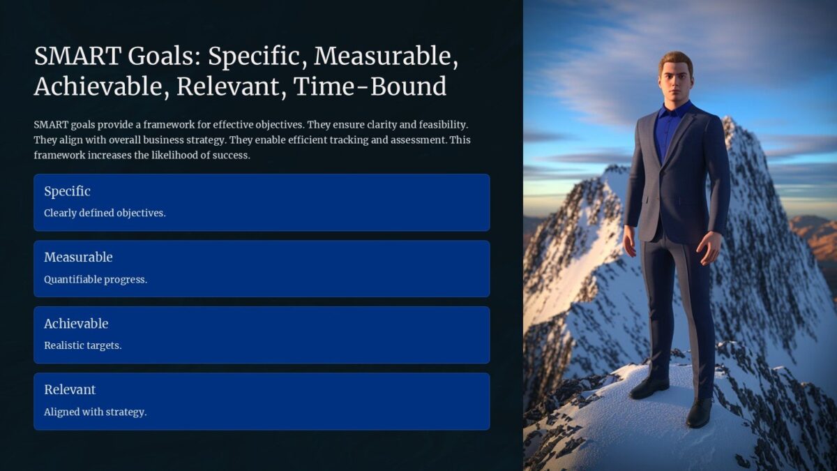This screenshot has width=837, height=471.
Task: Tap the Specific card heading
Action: point(67,191)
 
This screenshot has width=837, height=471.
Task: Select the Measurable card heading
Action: point(78,257)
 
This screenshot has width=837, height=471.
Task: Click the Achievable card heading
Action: point(76,324)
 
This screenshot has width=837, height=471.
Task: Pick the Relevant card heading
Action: point(70,389)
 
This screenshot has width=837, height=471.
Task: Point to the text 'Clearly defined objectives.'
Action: point(105,213)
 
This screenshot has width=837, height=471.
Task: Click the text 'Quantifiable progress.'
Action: point(96,279)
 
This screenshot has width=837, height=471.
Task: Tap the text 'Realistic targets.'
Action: point(82,345)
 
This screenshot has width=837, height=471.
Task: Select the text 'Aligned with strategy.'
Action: point(95,412)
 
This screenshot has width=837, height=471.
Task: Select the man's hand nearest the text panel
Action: point(629,241)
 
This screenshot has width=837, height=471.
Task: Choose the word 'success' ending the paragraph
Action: point(232,156)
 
